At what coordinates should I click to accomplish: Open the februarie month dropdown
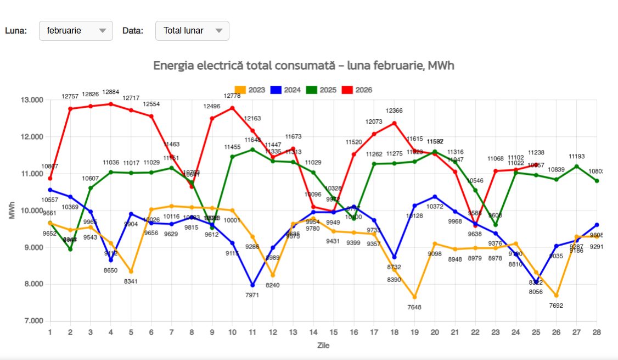point(76,31)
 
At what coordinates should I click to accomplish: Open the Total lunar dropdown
point(192,31)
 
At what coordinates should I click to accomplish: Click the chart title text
point(304,65)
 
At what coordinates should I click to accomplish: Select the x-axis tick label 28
point(596,332)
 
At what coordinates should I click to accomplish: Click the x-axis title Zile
point(323,346)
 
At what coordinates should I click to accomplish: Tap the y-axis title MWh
point(12,211)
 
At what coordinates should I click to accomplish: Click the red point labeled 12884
point(111,104)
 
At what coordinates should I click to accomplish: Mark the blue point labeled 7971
point(252,285)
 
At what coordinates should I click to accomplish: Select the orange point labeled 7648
point(414,297)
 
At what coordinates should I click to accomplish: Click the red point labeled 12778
point(232,108)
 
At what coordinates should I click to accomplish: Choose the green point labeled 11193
point(576,167)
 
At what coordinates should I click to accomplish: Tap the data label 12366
point(394,111)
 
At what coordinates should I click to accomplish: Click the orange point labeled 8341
point(131,272)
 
